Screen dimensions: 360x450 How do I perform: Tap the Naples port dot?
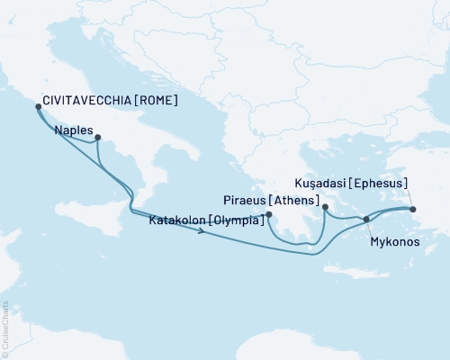(x=98, y=139)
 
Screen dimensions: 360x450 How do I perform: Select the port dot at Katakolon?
(x=269, y=214)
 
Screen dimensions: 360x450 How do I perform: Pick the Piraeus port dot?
(x=325, y=207)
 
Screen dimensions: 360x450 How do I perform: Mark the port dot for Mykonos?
(x=365, y=220)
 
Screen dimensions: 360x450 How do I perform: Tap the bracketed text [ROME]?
(x=154, y=101)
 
